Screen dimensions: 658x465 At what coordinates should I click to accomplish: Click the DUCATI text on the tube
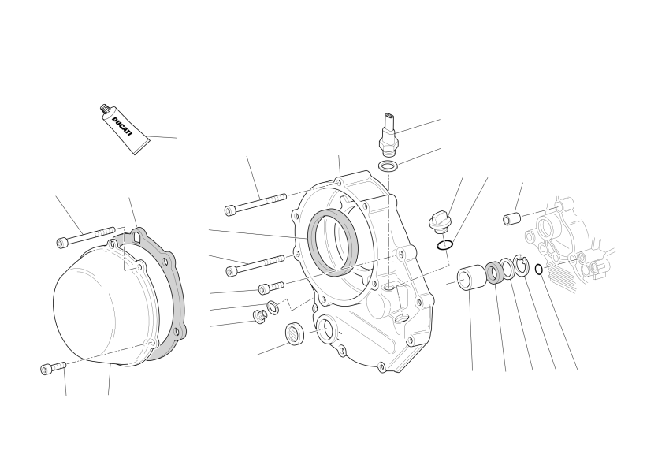[122, 127]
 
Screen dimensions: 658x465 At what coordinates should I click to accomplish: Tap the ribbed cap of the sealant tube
[105, 109]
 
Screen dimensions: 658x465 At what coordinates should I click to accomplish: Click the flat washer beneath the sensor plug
[388, 166]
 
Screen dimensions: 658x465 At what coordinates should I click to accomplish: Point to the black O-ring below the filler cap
[444, 245]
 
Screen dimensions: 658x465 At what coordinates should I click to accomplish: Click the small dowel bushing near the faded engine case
[511, 218]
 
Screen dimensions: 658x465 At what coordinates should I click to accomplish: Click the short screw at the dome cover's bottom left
[54, 368]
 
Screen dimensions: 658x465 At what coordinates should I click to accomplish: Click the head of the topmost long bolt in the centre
[230, 210]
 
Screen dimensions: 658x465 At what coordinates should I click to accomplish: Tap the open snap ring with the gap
[522, 266]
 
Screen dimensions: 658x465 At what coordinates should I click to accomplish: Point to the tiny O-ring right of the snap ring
[539, 269]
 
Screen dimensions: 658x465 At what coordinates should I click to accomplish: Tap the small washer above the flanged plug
[273, 307]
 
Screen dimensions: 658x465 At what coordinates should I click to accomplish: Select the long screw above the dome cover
[86, 236]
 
